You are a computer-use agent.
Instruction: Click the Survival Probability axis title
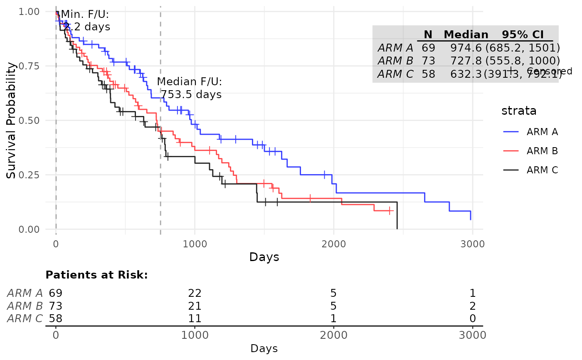coord(12,120)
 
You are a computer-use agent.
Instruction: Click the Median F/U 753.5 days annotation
coord(190,88)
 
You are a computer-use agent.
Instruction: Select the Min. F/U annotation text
coord(86,21)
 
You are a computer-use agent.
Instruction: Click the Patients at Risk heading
coord(96,275)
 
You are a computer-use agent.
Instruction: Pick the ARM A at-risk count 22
coord(195,293)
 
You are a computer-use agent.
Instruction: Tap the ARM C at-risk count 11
coord(195,319)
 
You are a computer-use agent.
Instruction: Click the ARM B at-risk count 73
coord(55,306)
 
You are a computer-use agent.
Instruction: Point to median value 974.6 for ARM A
coord(466,47)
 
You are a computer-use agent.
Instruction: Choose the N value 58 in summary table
coord(428,74)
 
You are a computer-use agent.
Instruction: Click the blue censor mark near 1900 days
coord(324,175)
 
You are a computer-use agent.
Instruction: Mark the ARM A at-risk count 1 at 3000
coord(472,293)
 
